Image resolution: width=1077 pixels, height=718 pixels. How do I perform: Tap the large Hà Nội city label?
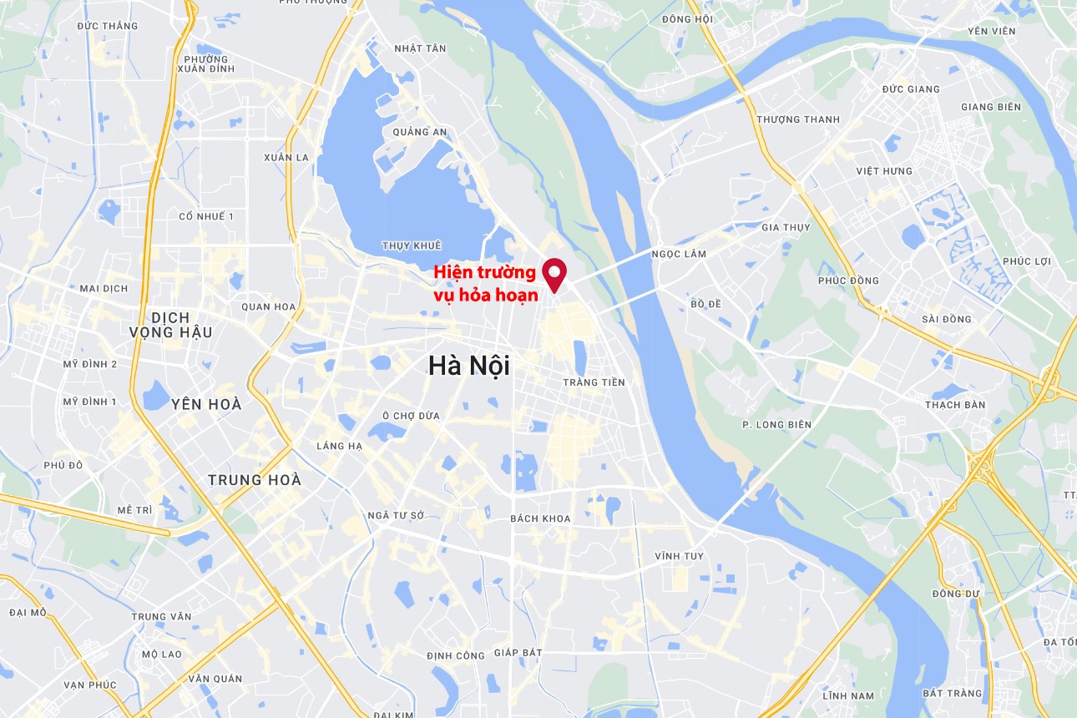tap(468, 366)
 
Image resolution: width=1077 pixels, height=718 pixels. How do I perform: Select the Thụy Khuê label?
tap(411, 245)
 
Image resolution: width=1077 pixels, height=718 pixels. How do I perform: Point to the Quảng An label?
tap(420, 132)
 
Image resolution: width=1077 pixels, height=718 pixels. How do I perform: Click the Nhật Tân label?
tap(420, 48)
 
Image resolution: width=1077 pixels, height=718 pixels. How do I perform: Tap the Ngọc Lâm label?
tap(679, 254)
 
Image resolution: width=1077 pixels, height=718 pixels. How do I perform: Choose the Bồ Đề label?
tap(705, 304)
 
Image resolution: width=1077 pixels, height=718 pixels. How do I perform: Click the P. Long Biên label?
tap(776, 425)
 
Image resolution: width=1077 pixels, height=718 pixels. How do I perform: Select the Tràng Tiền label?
tap(594, 382)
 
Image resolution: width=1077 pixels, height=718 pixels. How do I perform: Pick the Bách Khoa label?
tap(540, 518)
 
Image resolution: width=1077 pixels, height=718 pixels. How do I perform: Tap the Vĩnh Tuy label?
tap(679, 556)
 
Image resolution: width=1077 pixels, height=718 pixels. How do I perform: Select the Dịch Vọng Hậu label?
tap(170, 325)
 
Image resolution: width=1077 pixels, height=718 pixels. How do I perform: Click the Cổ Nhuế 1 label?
tap(206, 216)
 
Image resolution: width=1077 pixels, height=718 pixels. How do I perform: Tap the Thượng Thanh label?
tap(798, 119)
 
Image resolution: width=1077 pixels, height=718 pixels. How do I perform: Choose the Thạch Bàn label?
tap(955, 405)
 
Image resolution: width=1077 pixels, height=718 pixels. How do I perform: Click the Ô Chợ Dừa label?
tap(411, 416)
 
